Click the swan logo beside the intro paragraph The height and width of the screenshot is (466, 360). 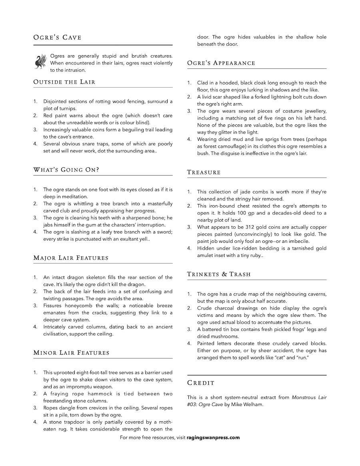click(40, 62)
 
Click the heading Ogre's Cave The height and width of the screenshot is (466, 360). click(57, 38)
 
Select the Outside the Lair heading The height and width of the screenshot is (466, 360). click(64, 82)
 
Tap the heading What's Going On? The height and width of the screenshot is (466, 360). click(66, 170)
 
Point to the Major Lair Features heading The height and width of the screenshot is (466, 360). click(71, 258)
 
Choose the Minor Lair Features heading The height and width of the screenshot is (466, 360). click(71, 353)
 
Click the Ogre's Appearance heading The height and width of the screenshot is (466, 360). click(221, 63)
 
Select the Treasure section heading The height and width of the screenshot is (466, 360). click(204, 172)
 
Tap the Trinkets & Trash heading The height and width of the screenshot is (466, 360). click(219, 274)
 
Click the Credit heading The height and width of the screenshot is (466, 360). click(201, 383)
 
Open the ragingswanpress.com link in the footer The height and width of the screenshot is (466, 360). click(213, 437)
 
